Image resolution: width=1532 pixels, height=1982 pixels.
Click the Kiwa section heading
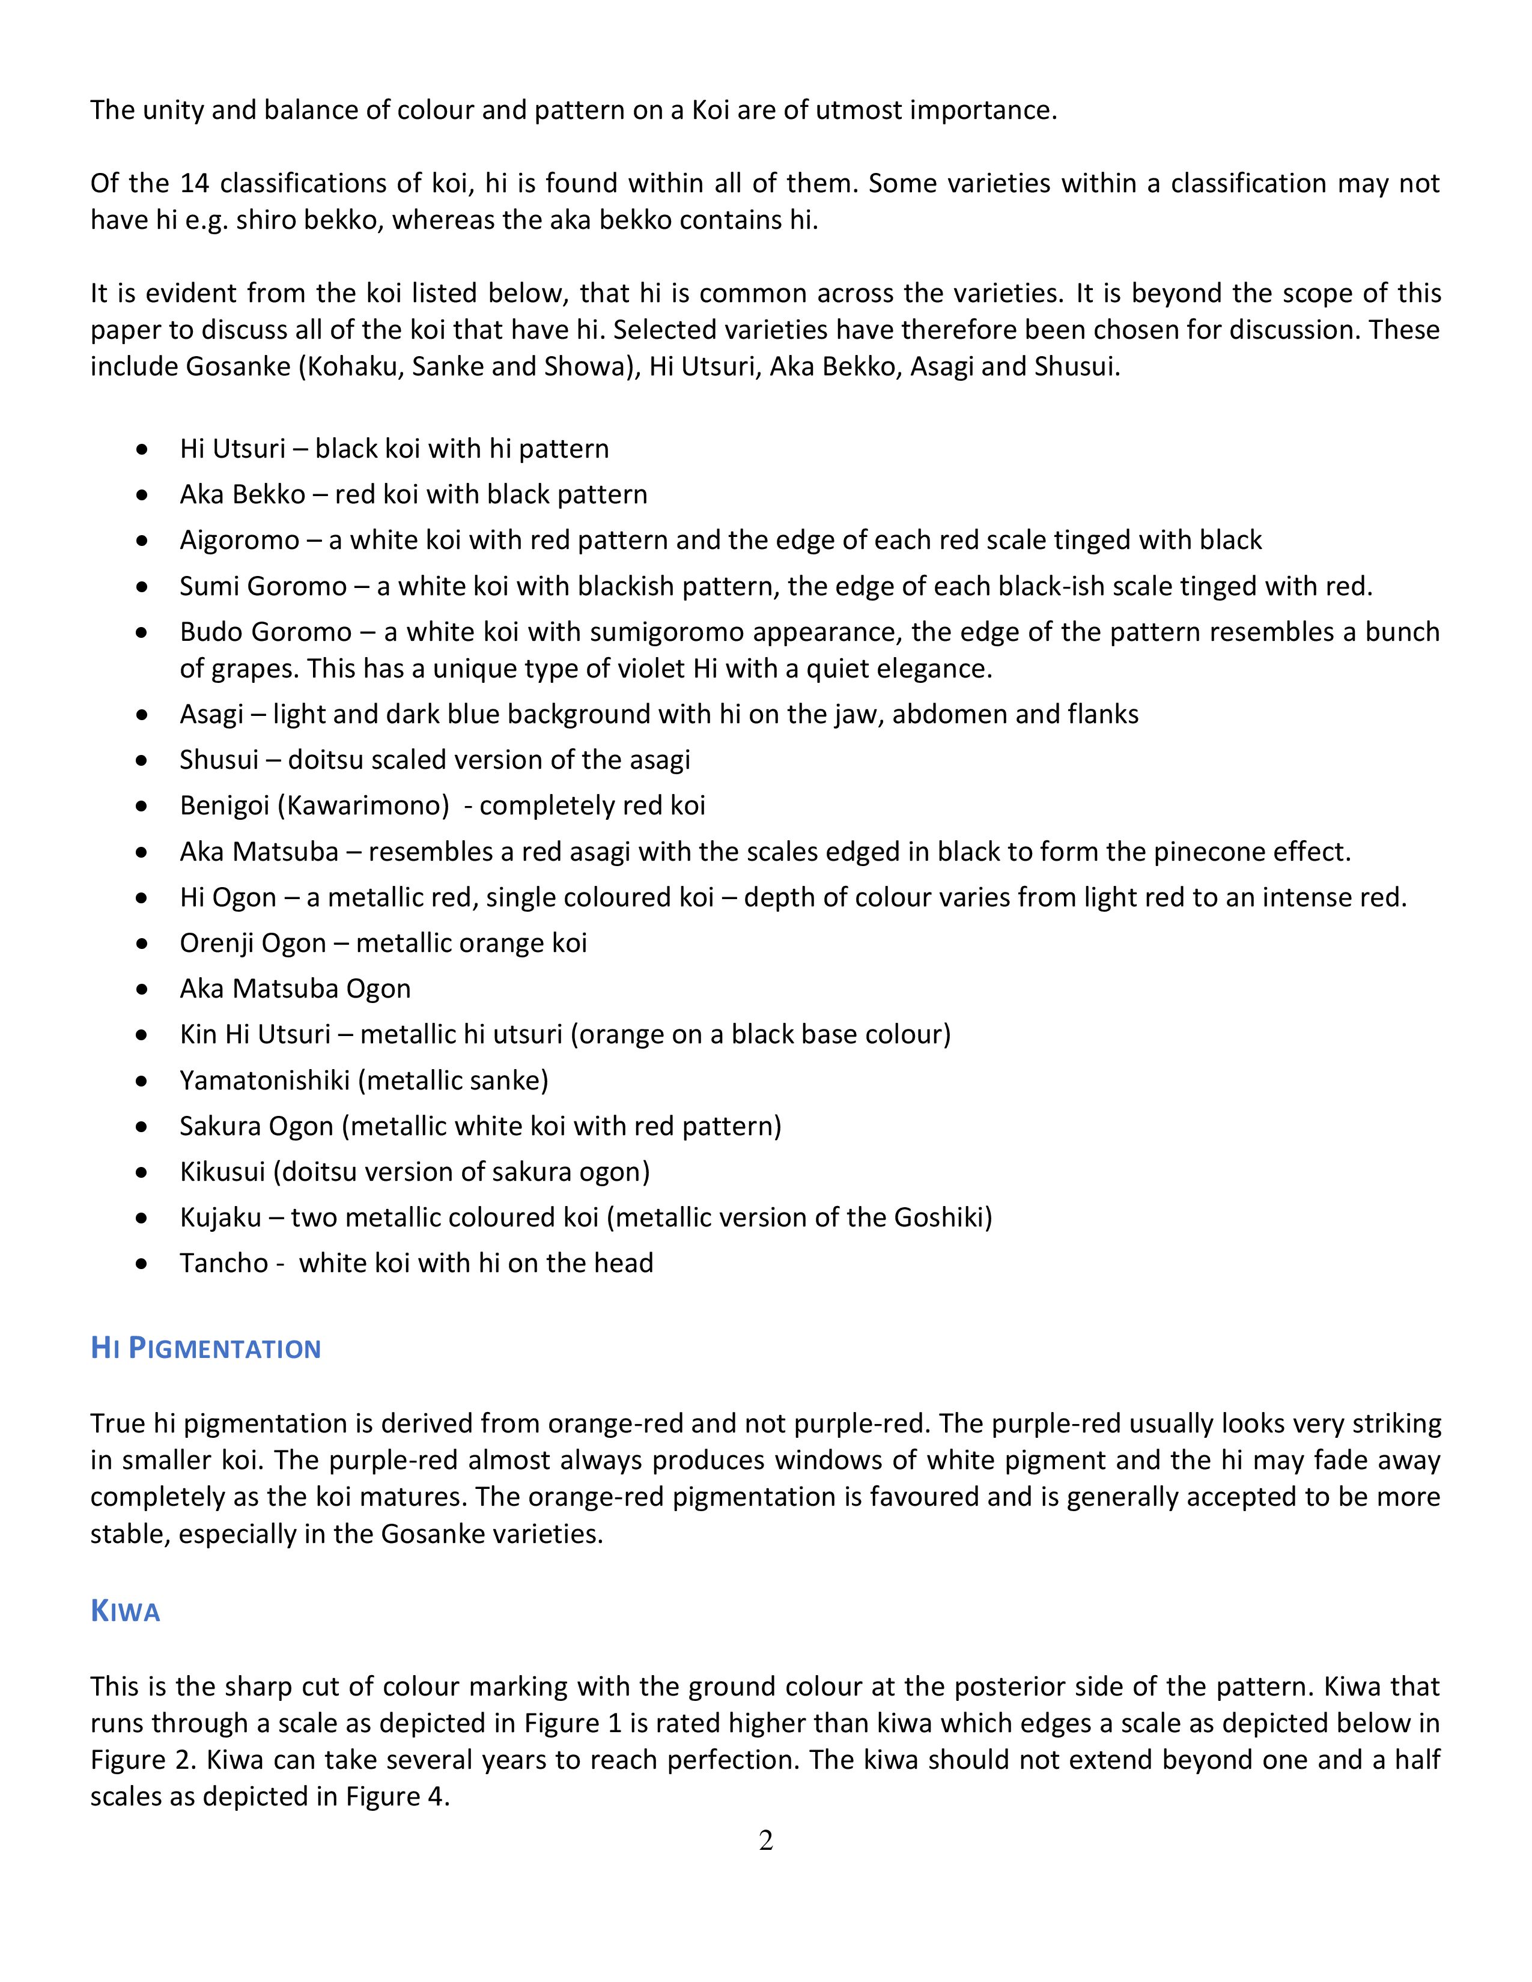tap(125, 1612)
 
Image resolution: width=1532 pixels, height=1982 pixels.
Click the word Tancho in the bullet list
tap(223, 1263)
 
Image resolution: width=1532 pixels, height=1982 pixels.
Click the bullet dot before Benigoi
tap(142, 807)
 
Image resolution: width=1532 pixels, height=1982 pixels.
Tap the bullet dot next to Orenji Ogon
tap(142, 944)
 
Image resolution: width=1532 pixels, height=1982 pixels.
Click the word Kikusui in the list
tap(222, 1172)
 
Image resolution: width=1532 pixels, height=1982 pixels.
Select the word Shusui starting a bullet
tap(219, 760)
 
